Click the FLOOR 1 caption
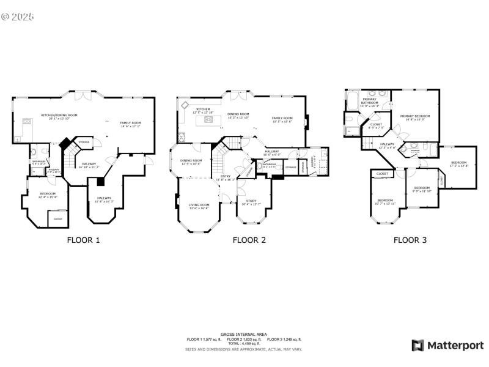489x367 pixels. point(83,240)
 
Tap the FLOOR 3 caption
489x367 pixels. point(410,240)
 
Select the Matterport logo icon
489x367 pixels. point(418,346)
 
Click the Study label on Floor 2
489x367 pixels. point(251,202)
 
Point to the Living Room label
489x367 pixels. point(199,206)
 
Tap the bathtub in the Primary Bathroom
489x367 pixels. point(353,98)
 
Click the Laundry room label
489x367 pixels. point(314,163)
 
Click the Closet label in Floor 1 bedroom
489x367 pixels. point(58,218)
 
